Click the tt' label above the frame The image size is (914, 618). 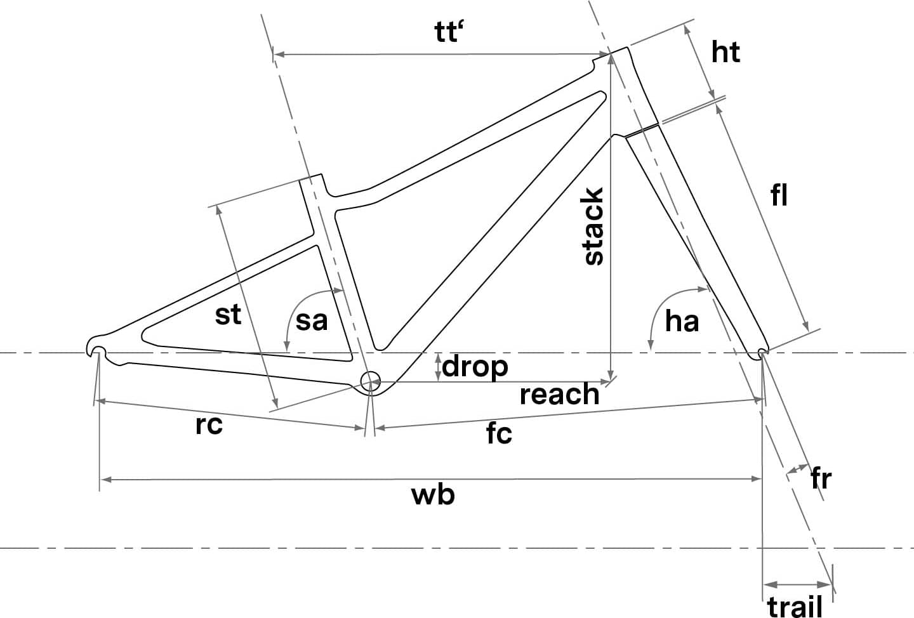tap(449, 32)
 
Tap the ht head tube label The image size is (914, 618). tap(725, 52)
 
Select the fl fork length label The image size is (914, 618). tap(779, 195)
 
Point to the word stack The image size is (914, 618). tap(593, 227)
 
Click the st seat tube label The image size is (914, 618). tap(228, 315)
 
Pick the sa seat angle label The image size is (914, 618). tap(312, 320)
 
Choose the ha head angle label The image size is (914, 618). tap(682, 320)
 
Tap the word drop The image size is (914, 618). tap(475, 367)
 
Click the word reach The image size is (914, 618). tap(560, 394)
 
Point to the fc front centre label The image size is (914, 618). tap(499, 433)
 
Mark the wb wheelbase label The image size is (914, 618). tap(433, 495)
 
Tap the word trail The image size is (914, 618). tap(795, 607)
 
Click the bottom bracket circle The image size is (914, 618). tap(371, 381)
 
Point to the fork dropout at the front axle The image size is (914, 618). tap(762, 352)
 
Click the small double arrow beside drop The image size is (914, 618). tap(438, 367)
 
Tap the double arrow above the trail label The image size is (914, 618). tap(797, 584)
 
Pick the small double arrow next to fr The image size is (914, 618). tap(797, 469)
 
